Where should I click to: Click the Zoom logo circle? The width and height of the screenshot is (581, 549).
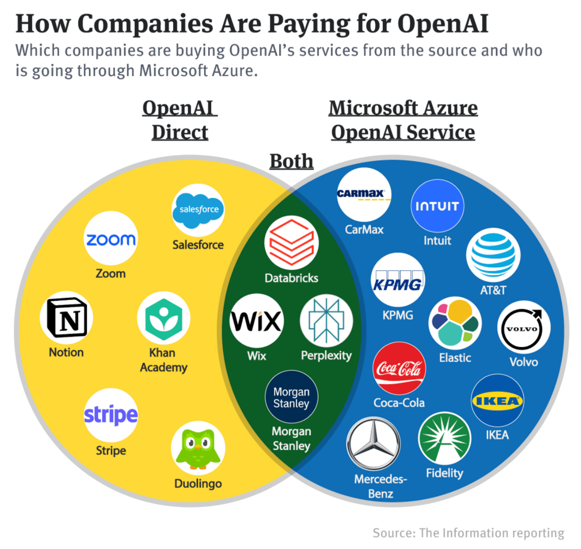111,238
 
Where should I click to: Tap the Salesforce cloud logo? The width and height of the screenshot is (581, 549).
198,210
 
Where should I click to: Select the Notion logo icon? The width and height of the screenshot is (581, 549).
67,318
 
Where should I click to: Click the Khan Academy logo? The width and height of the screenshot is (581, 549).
164,318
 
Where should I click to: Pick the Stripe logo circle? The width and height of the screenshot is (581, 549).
111,414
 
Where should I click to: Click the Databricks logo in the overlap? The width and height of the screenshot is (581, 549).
291,243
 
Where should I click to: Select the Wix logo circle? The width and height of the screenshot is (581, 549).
256,321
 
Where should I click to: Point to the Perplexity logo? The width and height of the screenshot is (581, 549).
326,321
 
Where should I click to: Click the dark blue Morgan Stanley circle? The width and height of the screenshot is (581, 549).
291,397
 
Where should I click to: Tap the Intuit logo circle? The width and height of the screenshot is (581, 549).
437,206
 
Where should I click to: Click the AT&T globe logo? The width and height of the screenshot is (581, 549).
493,255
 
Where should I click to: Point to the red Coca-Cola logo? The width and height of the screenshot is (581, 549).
399,369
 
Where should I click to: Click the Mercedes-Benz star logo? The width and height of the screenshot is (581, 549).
373,443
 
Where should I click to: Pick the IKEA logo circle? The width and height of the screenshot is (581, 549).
497,400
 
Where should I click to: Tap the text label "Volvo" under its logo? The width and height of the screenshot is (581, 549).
523,362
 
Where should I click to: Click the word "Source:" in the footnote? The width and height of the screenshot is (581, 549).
394,533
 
